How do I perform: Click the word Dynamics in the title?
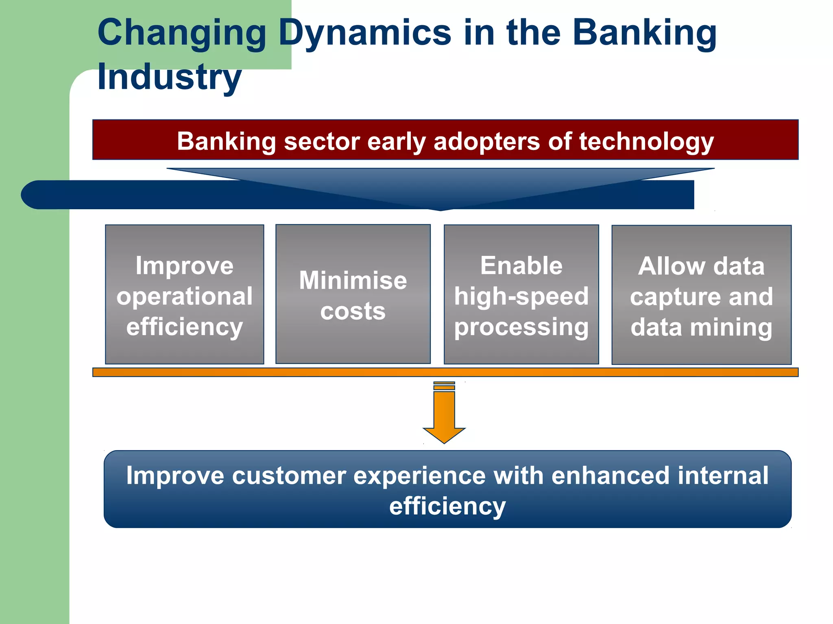pyautogui.click(x=365, y=33)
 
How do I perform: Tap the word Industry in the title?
pyautogui.click(x=169, y=77)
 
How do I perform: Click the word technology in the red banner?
pyautogui.click(x=646, y=142)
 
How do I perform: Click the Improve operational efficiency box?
pyautogui.click(x=184, y=294)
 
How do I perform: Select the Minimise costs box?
pyautogui.click(x=353, y=294)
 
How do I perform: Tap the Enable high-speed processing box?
pyautogui.click(x=521, y=294)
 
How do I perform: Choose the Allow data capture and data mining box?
pyautogui.click(x=701, y=295)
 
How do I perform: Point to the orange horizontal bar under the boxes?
pyautogui.click(x=445, y=372)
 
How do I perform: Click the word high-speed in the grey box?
pyautogui.click(x=521, y=296)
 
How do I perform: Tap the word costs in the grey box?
pyautogui.click(x=353, y=312)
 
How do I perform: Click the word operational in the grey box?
pyautogui.click(x=184, y=296)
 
